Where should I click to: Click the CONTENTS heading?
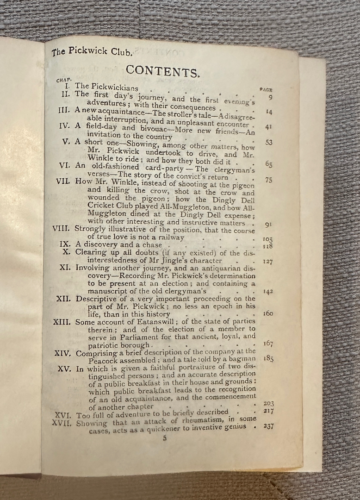coord(163,71)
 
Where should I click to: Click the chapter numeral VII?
coord(63,181)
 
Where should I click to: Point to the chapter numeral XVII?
coord(62,423)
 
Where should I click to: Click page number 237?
coord(269,426)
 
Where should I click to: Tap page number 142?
coord(267,291)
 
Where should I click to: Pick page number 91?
coord(268,225)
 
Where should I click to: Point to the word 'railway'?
coord(170,237)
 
